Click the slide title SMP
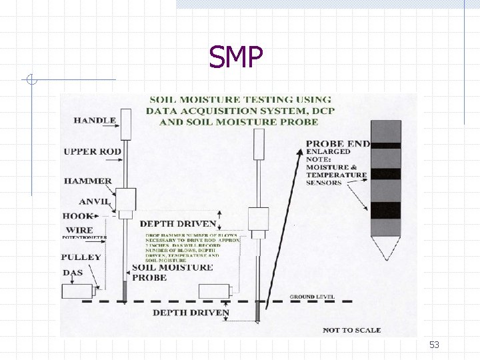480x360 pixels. [235, 57]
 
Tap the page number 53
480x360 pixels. [435, 345]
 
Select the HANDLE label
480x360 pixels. [95, 121]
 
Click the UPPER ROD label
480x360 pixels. [93, 151]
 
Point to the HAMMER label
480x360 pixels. [88, 181]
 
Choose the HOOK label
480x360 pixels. [78, 216]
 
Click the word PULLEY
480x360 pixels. [81, 257]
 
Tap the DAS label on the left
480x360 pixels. [73, 273]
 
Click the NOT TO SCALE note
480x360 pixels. [351, 330]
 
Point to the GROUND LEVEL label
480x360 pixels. [312, 296]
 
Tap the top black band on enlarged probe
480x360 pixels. [386, 145]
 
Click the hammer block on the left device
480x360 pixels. [125, 199]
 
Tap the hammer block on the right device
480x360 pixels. [258, 218]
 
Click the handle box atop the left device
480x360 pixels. [125, 124]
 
